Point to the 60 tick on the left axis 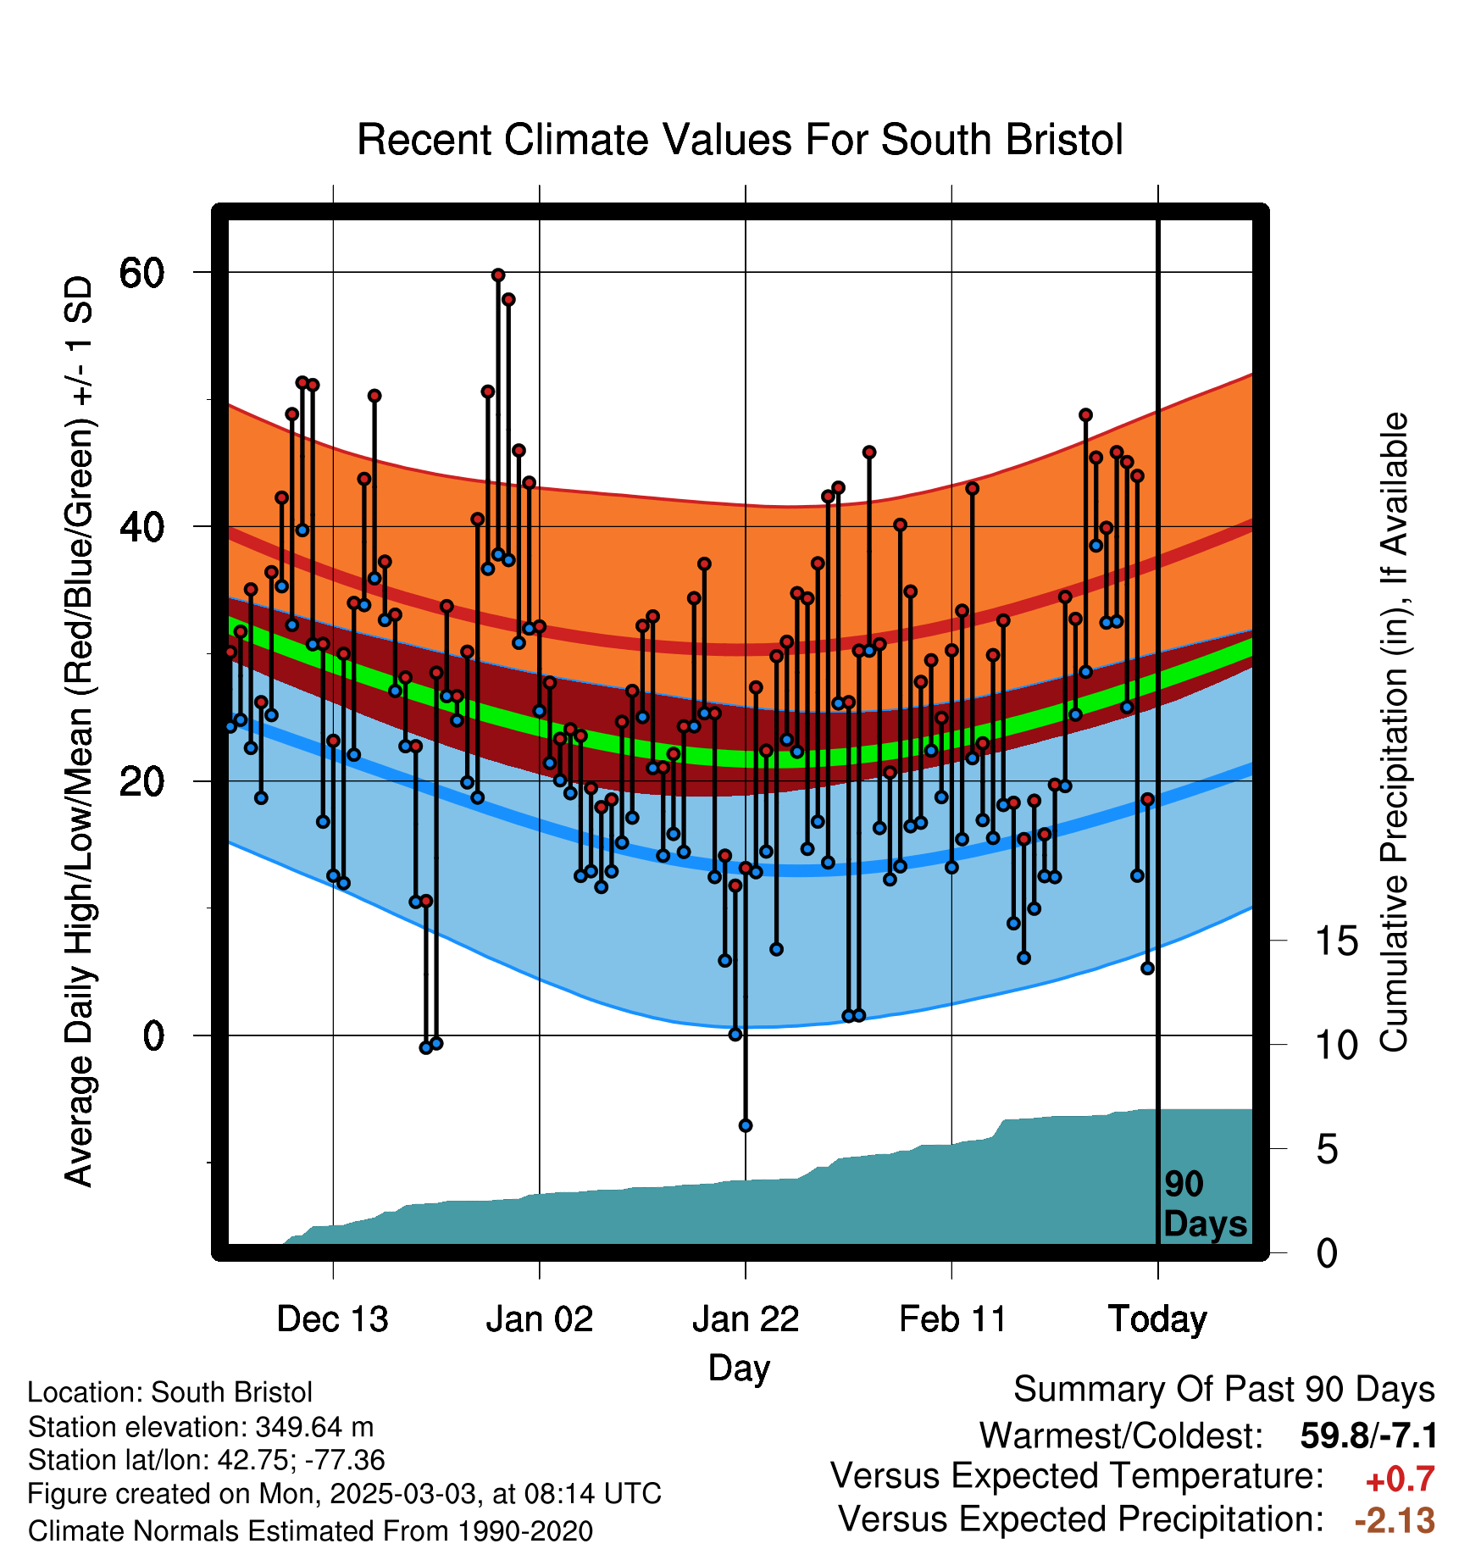pyautogui.click(x=141, y=273)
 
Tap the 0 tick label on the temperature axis pyautogui.click(x=153, y=1035)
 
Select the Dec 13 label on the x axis pyautogui.click(x=333, y=1319)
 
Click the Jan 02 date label pyautogui.click(x=540, y=1319)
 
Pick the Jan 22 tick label pyautogui.click(x=746, y=1319)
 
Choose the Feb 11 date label pyautogui.click(x=952, y=1319)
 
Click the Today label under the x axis pyautogui.click(x=1158, y=1320)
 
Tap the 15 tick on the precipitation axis pyautogui.click(x=1336, y=941)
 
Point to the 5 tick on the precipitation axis pyautogui.click(x=1327, y=1150)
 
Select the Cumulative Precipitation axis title pyautogui.click(x=1394, y=732)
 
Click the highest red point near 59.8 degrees pyautogui.click(x=498, y=275)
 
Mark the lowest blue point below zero pyautogui.click(x=746, y=1125)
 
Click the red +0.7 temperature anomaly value pyautogui.click(x=1401, y=1480)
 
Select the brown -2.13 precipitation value pyautogui.click(x=1395, y=1520)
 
